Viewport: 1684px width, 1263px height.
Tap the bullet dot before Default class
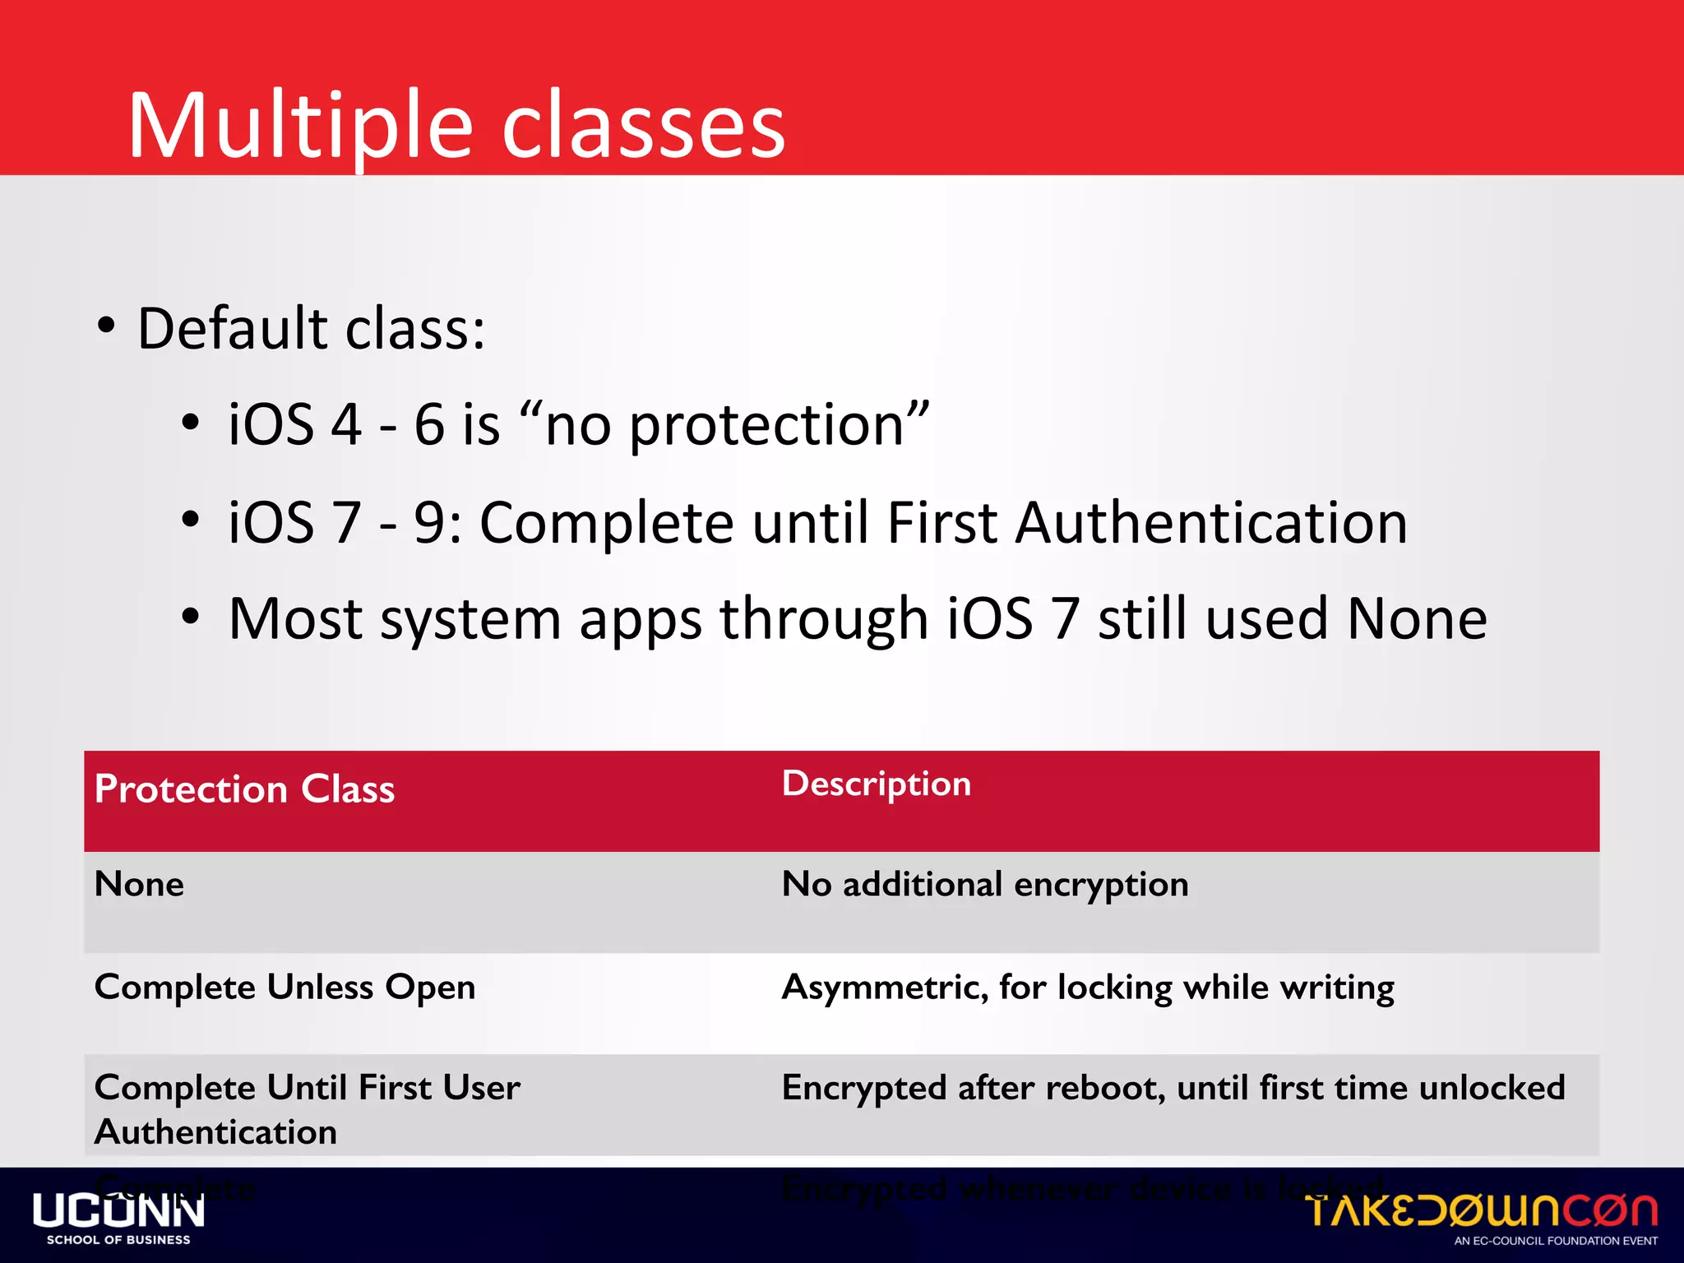pyautogui.click(x=106, y=326)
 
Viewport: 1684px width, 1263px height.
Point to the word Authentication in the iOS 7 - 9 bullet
pyautogui.click(x=1210, y=522)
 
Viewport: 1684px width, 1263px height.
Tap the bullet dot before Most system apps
pyautogui.click(x=190, y=617)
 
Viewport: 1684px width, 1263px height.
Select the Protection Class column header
pyautogui.click(x=244, y=789)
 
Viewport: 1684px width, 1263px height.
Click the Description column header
pyautogui.click(x=876, y=784)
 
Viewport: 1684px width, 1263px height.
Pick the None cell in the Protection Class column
pyautogui.click(x=139, y=885)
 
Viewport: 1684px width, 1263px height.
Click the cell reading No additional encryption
pyautogui.click(x=984, y=885)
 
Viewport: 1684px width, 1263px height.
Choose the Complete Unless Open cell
pyautogui.click(x=285, y=987)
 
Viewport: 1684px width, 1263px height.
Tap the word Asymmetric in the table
pyautogui.click(x=883, y=987)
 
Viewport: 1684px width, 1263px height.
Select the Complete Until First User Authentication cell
pyautogui.click(x=306, y=1108)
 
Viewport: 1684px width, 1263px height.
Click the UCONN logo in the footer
pyautogui.click(x=118, y=1212)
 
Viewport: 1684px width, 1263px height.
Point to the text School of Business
pyautogui.click(x=118, y=1240)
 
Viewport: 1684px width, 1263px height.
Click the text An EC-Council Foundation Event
pyautogui.click(x=1556, y=1241)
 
